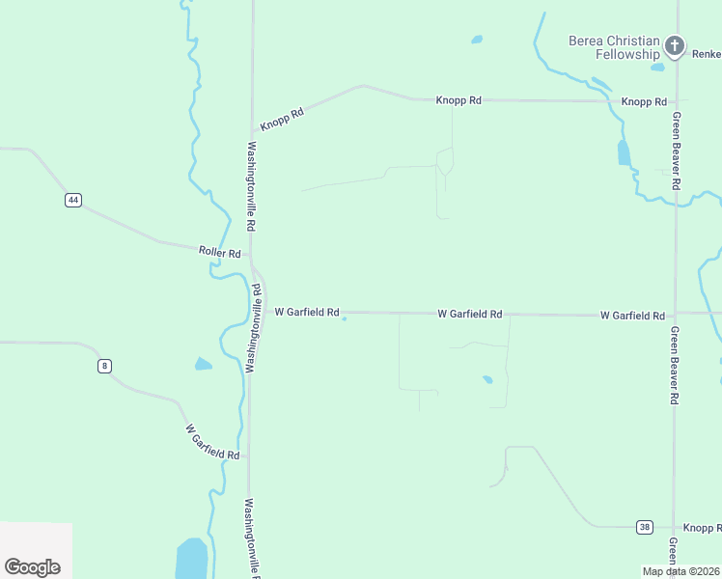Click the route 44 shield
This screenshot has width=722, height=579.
click(x=73, y=200)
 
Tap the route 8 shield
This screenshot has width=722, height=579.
click(x=104, y=366)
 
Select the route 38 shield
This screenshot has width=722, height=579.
click(x=645, y=527)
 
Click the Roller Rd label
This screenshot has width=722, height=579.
click(x=219, y=252)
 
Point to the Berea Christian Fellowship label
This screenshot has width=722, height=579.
click(x=614, y=47)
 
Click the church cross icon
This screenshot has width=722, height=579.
click(x=675, y=45)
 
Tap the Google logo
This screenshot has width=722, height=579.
click(x=32, y=566)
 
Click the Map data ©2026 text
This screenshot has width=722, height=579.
click(x=681, y=571)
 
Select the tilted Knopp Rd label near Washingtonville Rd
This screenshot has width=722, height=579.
click(x=282, y=119)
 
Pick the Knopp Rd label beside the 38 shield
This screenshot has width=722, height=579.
click(x=702, y=528)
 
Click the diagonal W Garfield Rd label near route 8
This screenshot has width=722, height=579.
click(x=212, y=441)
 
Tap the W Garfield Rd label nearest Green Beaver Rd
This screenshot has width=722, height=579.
click(x=632, y=316)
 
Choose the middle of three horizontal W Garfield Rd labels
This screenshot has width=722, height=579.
click(x=470, y=314)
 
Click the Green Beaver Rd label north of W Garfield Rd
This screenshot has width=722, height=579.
click(x=678, y=150)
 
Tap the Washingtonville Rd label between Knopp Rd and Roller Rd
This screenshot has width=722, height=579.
click(x=251, y=185)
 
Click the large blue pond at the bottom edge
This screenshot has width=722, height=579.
click(x=191, y=560)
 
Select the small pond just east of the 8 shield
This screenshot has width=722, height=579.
click(x=203, y=364)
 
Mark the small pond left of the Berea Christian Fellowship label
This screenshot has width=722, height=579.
click(x=476, y=40)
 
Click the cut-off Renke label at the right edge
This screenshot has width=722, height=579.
click(x=707, y=54)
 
